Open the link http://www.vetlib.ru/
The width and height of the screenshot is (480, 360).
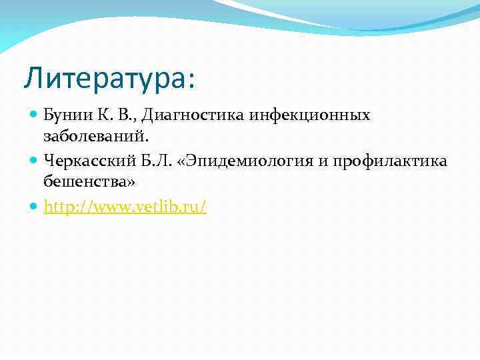tap(125, 207)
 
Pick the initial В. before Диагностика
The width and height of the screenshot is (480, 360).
tap(119, 115)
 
